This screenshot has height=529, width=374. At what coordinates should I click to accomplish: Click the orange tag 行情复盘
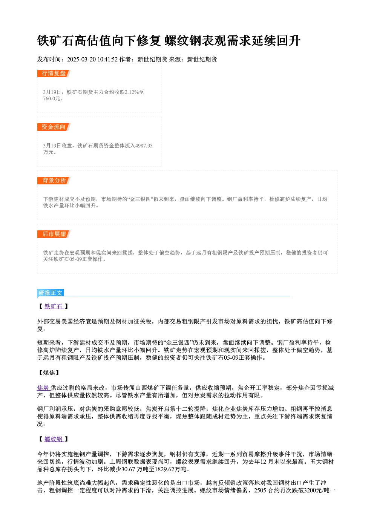54,74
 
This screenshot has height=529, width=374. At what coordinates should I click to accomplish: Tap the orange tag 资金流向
54,127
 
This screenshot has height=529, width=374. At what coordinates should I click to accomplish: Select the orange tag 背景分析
54,181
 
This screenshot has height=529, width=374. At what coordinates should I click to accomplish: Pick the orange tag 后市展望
54,234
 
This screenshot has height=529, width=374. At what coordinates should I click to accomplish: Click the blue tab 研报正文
51,293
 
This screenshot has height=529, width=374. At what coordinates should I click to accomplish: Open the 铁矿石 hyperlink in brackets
54,307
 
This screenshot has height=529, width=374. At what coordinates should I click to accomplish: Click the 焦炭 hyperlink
44,388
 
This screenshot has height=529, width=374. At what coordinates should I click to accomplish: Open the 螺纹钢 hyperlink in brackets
54,439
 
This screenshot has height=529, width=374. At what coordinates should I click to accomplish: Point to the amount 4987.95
144,146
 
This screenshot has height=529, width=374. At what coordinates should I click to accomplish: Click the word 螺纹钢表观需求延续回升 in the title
233,41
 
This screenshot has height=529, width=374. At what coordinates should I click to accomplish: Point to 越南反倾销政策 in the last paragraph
227,483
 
